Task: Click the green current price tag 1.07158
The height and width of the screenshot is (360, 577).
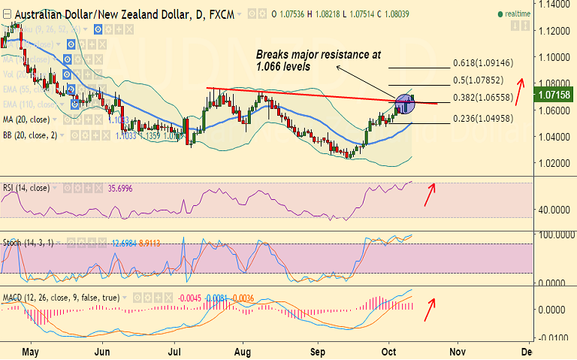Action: tap(554, 95)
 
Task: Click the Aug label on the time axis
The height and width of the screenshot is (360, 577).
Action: tap(243, 351)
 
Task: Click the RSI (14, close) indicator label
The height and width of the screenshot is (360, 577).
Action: tap(26, 188)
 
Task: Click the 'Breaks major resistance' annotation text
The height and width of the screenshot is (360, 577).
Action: tap(319, 61)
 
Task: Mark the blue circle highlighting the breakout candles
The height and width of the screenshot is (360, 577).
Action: tap(404, 104)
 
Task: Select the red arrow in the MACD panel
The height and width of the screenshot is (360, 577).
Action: tap(430, 307)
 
